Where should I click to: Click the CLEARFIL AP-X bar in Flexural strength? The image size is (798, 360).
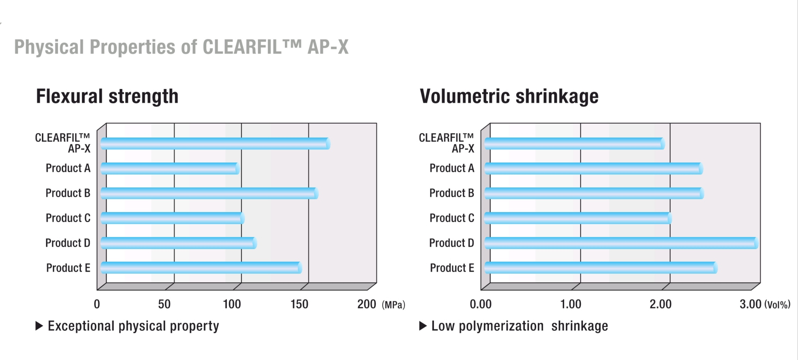tap(215, 144)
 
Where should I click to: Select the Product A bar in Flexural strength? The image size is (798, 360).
tap(170, 169)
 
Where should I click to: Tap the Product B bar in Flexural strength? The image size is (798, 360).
tap(209, 194)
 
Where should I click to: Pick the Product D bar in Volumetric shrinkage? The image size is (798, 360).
tap(621, 243)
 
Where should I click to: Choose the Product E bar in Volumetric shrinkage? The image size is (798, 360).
tap(601, 268)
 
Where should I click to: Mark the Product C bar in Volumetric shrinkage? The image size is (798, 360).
tap(578, 218)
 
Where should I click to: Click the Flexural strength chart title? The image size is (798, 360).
tap(107, 96)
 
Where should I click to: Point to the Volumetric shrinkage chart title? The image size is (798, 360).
tap(509, 96)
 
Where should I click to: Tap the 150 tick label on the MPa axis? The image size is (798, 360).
tap(299, 304)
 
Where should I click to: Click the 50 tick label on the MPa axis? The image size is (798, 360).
tap(164, 304)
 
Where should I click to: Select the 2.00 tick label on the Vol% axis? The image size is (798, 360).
tap(661, 304)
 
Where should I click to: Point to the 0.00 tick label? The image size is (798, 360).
tap(481, 304)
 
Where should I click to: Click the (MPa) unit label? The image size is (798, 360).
tap(393, 305)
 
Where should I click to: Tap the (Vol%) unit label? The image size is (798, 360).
tap(777, 305)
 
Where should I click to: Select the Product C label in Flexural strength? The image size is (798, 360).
tap(68, 218)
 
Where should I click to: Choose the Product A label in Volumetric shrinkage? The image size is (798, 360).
tap(452, 168)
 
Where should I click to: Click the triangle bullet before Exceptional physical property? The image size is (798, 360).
tap(39, 326)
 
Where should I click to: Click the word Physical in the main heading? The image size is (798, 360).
tap(49, 47)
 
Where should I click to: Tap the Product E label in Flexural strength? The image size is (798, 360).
tap(68, 268)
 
